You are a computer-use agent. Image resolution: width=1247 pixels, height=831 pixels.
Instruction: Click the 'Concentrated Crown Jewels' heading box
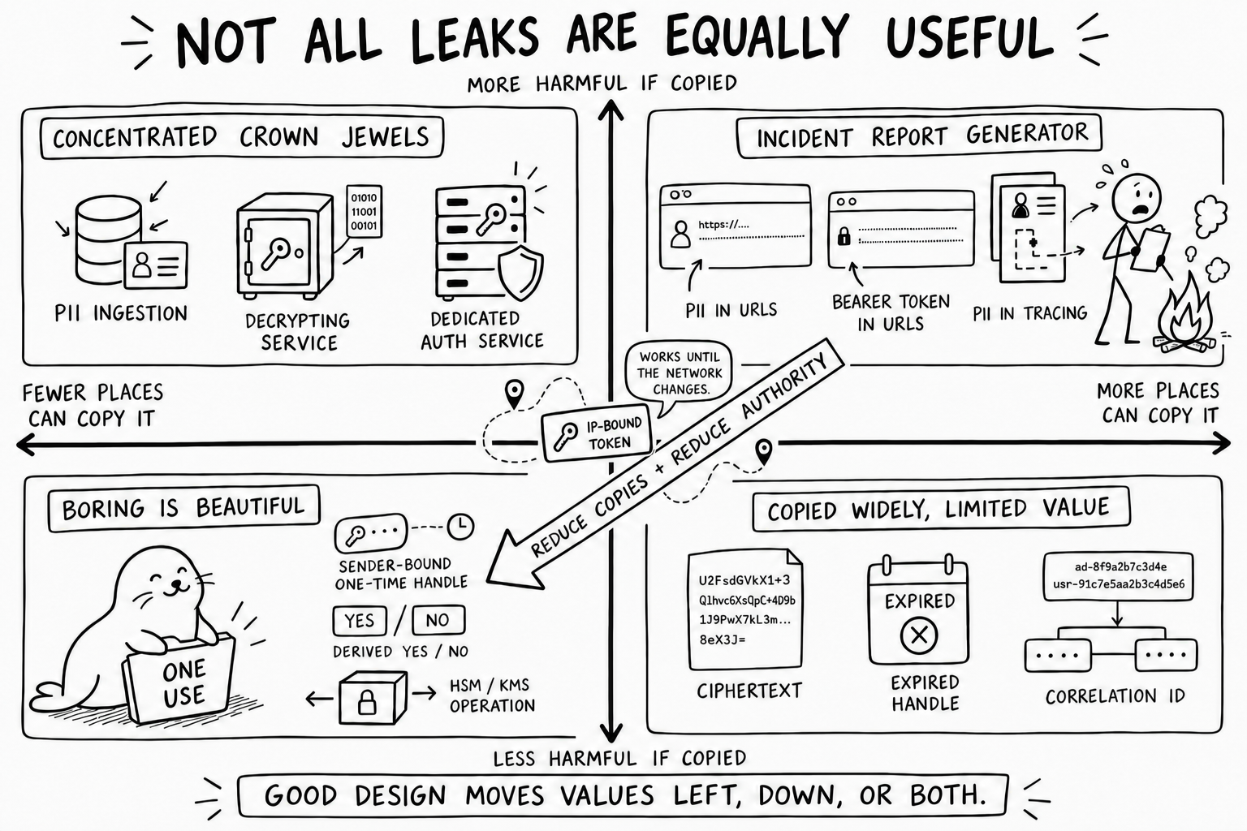coord(242,137)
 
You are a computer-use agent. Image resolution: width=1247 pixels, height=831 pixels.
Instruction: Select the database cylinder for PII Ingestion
coord(108,239)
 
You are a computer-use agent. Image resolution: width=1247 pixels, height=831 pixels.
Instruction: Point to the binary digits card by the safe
coord(365,212)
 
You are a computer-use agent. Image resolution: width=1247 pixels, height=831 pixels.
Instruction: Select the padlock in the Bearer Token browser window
coord(844,236)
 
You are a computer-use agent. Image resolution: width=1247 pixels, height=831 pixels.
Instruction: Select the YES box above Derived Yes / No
coord(359,621)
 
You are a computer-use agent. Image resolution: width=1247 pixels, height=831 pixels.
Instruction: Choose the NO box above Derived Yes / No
coord(438,620)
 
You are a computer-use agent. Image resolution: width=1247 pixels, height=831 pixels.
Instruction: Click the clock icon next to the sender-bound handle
coord(461,527)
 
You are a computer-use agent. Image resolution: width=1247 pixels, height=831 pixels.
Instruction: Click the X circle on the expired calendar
coord(919,635)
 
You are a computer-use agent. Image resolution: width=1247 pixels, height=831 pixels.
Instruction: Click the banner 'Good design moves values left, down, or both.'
coord(623,795)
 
